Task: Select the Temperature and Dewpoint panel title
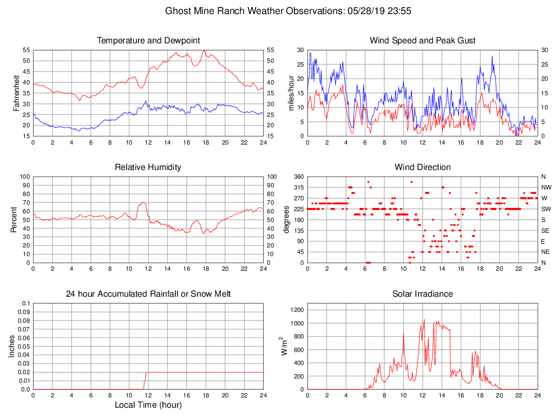(148, 41)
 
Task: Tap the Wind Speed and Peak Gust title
(422, 41)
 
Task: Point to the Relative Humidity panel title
(148, 167)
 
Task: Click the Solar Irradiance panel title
(422, 294)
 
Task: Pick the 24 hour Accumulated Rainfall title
(148, 294)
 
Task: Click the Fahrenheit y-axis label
(17, 93)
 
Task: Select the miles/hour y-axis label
(291, 93)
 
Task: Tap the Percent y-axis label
(14, 219)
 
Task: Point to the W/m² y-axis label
(282, 347)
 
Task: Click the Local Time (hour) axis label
(148, 404)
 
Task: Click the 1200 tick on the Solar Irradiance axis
(297, 310)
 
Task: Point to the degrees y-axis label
(286, 219)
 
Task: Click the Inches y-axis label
(12, 347)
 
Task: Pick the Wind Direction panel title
(422, 167)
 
